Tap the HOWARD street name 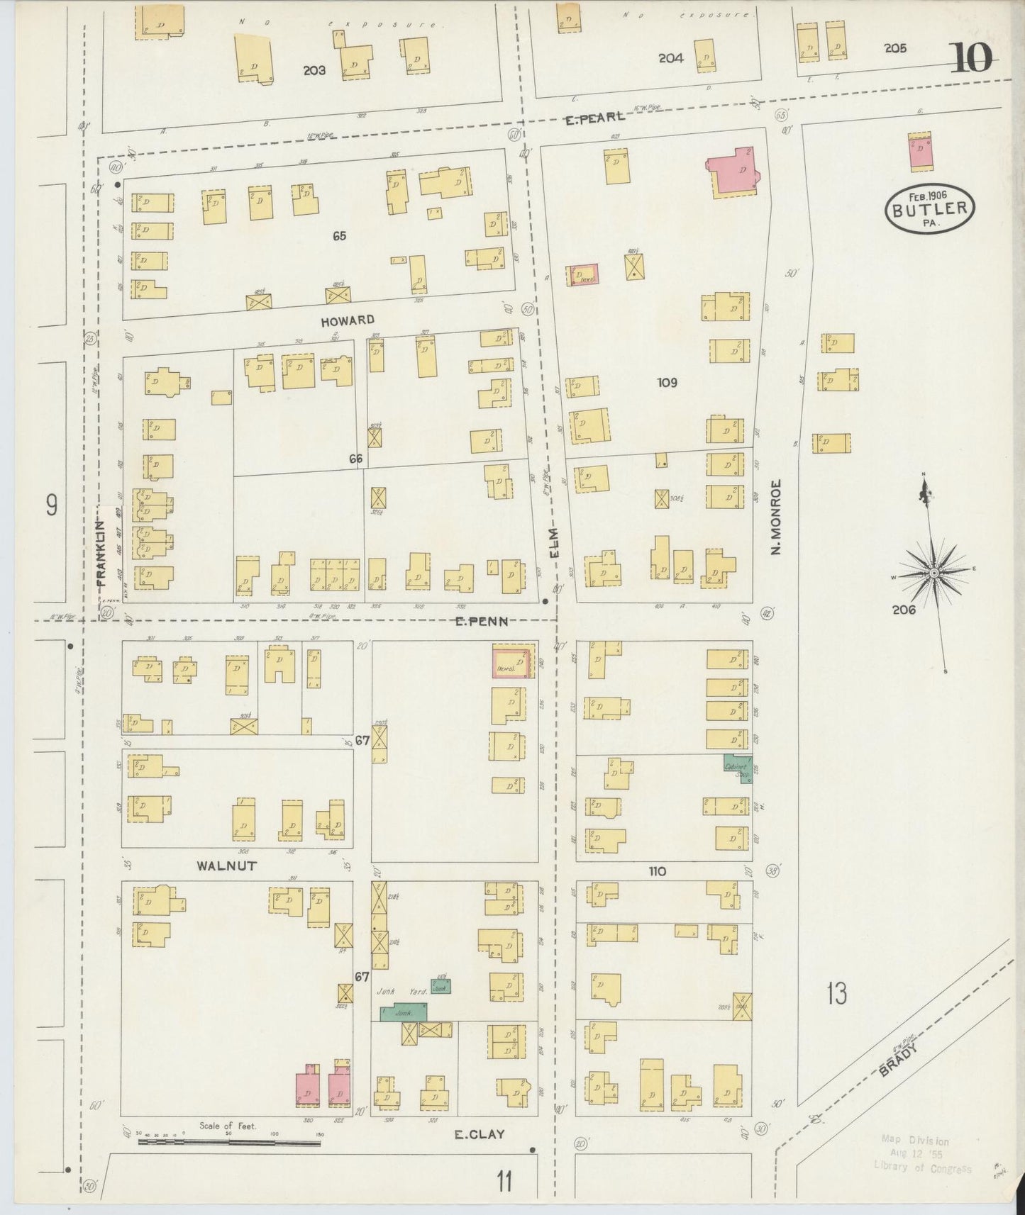[347, 321]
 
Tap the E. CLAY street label [480, 1134]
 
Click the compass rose [935, 572]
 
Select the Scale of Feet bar [229, 1142]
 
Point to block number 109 [667, 383]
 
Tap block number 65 [339, 236]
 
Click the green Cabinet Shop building [737, 768]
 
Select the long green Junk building [404, 1012]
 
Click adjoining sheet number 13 [836, 994]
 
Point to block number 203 [314, 70]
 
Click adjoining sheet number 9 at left [51, 505]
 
